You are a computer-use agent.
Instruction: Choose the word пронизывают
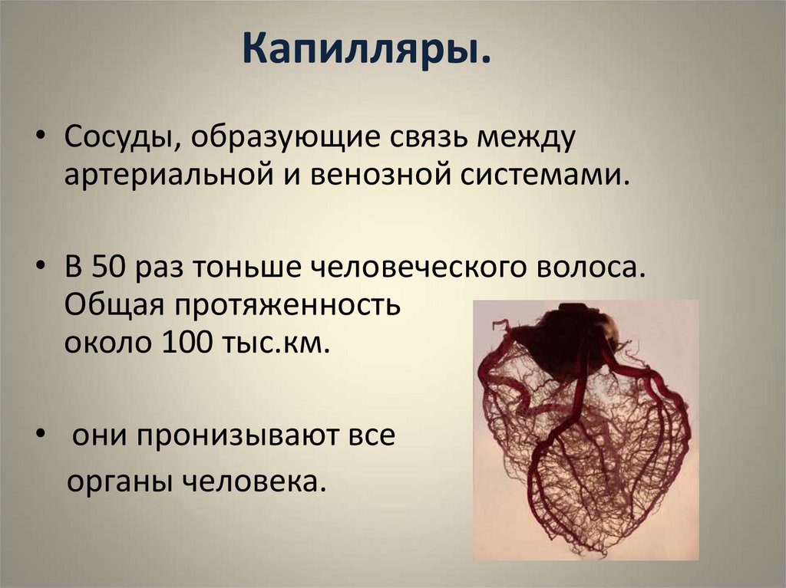pyautogui.click(x=230, y=435)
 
